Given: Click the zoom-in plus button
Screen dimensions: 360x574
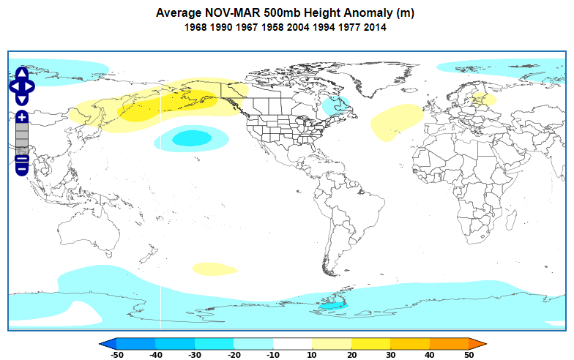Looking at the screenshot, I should pos(22,117).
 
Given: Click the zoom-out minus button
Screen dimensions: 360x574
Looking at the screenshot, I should pos(22,162).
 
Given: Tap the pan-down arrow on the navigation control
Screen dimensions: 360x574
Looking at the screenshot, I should pos(22,98).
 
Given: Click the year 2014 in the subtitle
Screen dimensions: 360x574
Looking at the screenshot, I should pos(375,28).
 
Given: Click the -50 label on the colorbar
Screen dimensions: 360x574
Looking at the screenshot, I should pos(116,355).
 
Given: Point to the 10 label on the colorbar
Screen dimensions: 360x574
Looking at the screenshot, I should pos(312,355).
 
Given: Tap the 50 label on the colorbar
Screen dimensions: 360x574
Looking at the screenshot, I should pos(469,355).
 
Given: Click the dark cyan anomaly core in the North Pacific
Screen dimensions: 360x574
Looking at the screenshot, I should pos(189,137).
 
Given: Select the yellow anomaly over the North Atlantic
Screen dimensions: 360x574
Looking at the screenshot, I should pos(395,121).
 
